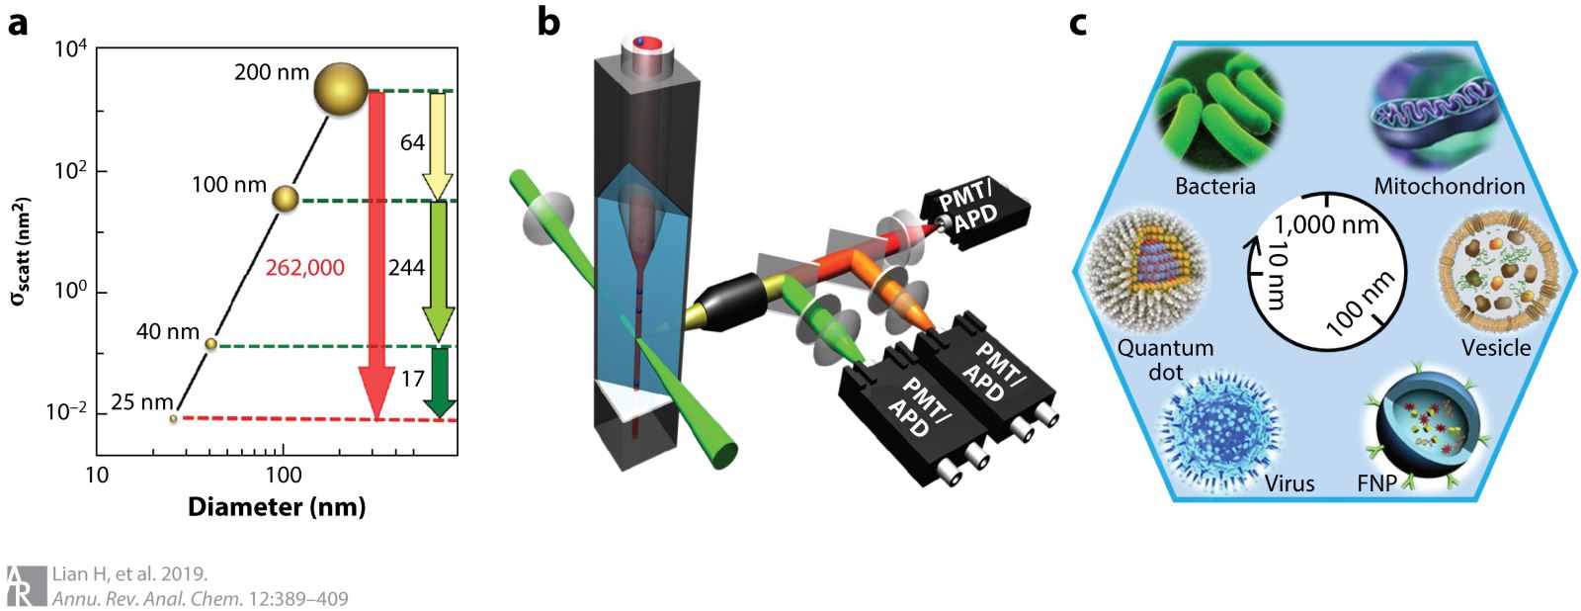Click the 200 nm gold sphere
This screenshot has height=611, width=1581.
click(341, 88)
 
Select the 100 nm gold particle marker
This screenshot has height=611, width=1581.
click(285, 199)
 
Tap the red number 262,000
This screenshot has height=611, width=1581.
click(305, 268)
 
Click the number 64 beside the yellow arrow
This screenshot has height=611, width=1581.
click(412, 143)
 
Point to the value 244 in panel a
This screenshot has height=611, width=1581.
click(406, 268)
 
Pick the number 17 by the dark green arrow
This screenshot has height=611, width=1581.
click(412, 378)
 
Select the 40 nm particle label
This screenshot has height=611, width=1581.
click(168, 331)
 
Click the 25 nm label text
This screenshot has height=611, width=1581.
click(142, 402)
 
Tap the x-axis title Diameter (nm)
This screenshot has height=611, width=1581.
click(277, 507)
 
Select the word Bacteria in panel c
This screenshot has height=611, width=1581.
click(1215, 186)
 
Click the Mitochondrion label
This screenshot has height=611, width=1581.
click(1450, 186)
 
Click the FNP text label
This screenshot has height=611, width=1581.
click(1377, 484)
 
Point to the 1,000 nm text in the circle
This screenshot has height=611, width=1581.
click(1326, 225)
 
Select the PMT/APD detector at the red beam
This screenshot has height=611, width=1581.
click(973, 208)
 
